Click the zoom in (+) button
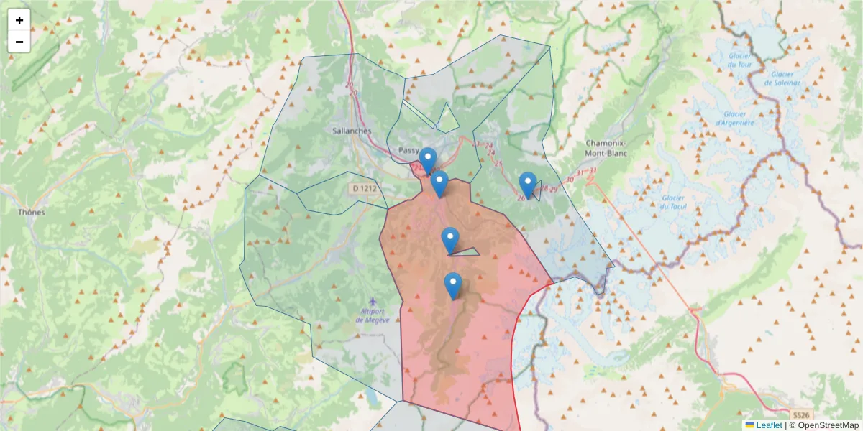click(x=19, y=20)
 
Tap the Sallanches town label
click(x=352, y=131)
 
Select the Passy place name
click(x=408, y=149)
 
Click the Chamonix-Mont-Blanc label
click(x=607, y=148)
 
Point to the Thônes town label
click(x=31, y=212)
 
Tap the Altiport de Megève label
click(x=373, y=316)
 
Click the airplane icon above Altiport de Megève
click(x=372, y=302)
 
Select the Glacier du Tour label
click(x=739, y=60)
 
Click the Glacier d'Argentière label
click(x=734, y=118)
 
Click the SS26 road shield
click(x=801, y=415)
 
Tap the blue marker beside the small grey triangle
click(x=450, y=240)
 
